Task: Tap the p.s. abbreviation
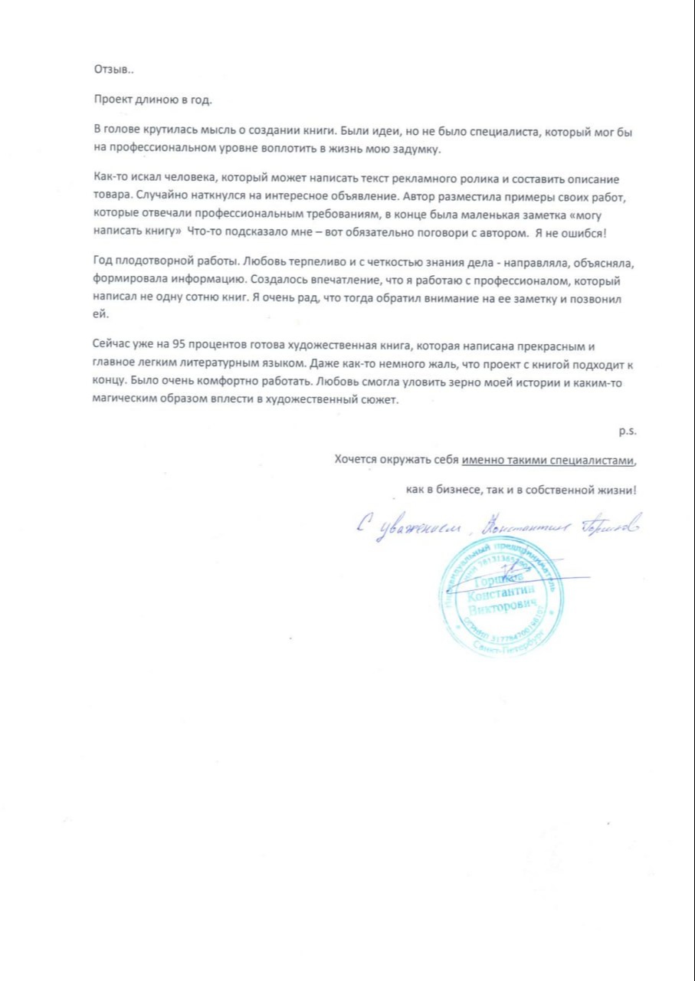click(x=629, y=431)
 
